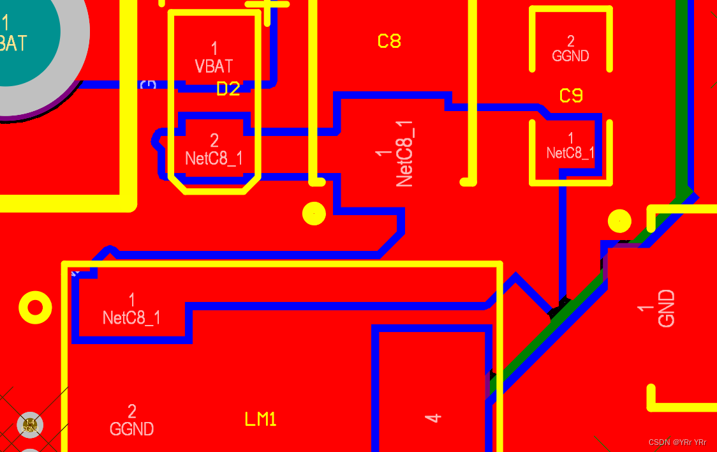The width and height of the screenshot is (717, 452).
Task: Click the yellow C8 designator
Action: [389, 41]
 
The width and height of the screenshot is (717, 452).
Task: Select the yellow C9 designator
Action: [571, 96]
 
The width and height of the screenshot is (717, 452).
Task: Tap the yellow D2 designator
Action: [228, 89]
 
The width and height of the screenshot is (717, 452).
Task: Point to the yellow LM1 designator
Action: [261, 419]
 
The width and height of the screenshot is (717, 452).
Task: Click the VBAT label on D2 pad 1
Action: [214, 66]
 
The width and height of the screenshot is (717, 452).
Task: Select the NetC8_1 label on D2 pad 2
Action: [214, 158]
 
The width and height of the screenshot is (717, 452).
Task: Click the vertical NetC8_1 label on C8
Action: [404, 153]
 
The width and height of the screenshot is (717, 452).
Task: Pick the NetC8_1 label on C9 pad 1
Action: [570, 153]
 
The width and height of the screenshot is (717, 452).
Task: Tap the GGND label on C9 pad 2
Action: [570, 56]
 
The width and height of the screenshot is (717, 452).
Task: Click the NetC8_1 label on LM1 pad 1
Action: [131, 317]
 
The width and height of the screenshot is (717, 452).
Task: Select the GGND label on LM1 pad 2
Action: [131, 429]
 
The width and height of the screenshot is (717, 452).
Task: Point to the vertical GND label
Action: [666, 308]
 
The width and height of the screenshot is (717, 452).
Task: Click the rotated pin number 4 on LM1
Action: [433, 418]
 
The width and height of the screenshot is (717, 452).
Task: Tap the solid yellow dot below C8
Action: [314, 213]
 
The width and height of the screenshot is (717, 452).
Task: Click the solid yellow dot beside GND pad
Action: [619, 221]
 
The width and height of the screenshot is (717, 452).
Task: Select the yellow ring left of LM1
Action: [35, 308]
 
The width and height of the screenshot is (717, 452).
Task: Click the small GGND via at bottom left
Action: [30, 425]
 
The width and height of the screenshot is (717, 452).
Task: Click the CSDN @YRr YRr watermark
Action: [677, 442]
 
